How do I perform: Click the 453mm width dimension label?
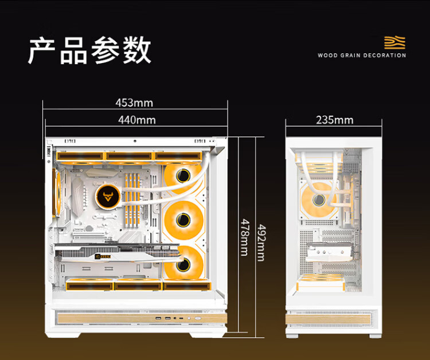tap(134, 103)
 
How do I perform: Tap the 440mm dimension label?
tap(137, 120)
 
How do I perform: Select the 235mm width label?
tap(335, 120)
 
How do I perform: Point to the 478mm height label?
tap(245, 237)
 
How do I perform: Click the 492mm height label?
tap(261, 242)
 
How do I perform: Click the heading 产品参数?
tap(89, 50)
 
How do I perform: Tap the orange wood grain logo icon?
tap(394, 42)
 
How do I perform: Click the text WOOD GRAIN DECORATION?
tap(362, 56)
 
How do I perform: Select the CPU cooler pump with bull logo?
tap(108, 197)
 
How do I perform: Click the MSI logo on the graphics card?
tap(103, 257)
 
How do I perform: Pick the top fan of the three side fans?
tap(183, 175)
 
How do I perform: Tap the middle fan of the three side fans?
tap(183, 220)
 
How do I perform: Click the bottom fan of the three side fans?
tap(183, 264)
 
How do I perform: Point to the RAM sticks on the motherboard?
tap(132, 200)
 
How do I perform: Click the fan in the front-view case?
tap(319, 200)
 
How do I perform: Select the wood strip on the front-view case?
tap(328, 319)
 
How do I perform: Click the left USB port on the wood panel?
tap(158, 318)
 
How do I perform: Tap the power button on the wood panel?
tap(198, 318)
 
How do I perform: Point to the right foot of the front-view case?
tap(375, 336)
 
